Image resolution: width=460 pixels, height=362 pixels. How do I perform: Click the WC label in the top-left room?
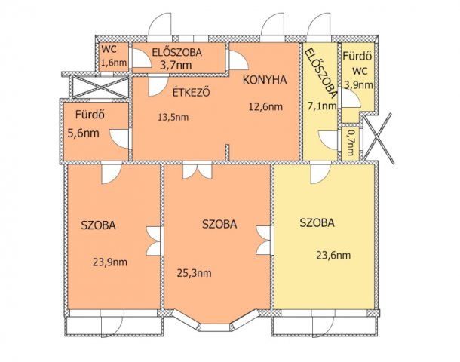109,49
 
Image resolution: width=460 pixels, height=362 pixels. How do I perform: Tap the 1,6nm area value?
114,63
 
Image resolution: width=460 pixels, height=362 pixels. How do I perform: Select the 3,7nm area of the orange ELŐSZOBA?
176,65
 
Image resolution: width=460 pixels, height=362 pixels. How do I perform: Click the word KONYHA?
265,80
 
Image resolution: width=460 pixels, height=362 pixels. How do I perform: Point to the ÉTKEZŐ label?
191,93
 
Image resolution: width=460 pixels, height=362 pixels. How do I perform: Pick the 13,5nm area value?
173,118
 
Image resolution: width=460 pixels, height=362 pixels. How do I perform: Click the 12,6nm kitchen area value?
265,106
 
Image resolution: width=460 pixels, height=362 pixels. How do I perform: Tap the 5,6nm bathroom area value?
83,133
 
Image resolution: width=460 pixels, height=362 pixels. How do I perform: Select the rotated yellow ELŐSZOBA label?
320,73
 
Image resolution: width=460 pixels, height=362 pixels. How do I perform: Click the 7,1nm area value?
322,106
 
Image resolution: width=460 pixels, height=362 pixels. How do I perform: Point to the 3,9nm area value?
358,85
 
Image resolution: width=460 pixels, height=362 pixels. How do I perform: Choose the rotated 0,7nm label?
350,143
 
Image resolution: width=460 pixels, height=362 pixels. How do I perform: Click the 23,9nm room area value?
110,262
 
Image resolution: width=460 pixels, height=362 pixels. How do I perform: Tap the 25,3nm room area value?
195,273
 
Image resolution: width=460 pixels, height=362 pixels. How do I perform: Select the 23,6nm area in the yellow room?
333,255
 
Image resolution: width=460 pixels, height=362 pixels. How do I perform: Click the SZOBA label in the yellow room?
317,223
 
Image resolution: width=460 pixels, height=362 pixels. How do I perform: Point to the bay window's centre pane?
216,327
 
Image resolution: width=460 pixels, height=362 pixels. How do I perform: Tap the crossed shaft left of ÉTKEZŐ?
100,86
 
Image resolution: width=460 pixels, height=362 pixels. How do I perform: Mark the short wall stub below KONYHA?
227,152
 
